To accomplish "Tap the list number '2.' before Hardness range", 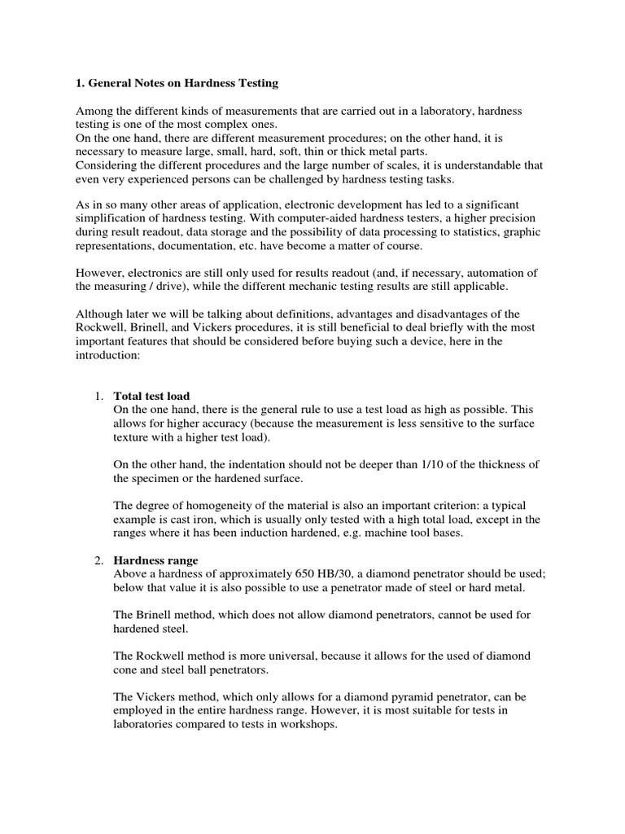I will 98,560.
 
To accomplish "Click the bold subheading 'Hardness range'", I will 155,560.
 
